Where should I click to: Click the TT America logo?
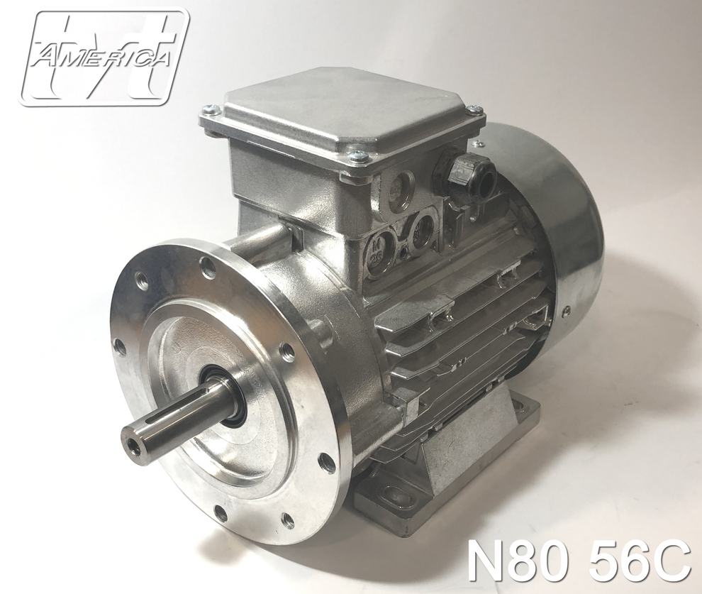[x=104, y=57]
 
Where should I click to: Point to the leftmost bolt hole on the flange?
[x=120, y=347]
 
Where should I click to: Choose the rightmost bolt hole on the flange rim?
[x=325, y=463]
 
